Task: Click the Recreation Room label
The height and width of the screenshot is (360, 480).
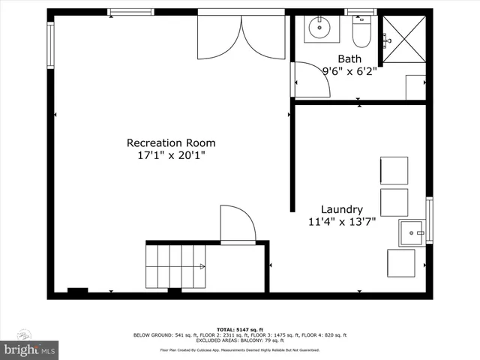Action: pos(171,142)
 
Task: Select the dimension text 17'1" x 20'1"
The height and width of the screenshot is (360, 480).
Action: pos(171,155)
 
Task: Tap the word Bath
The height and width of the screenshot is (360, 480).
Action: pos(349,59)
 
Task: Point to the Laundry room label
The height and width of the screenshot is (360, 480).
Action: pos(342,209)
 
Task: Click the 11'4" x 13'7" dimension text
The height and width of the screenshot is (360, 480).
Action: pos(342,222)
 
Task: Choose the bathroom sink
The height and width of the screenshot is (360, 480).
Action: pos(319,28)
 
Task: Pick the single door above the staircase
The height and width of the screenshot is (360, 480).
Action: pos(238,224)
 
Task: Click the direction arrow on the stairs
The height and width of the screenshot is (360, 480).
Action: pos(201,266)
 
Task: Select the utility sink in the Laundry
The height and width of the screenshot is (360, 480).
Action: pos(412,232)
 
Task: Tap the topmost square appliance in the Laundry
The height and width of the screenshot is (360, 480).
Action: pos(394,170)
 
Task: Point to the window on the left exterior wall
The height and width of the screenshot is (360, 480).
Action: pos(51,45)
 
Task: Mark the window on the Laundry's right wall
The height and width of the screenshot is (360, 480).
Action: pos(429,220)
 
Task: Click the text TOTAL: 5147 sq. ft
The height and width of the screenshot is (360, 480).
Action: pos(240,329)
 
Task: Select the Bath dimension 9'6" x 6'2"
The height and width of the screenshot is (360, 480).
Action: pos(349,72)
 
